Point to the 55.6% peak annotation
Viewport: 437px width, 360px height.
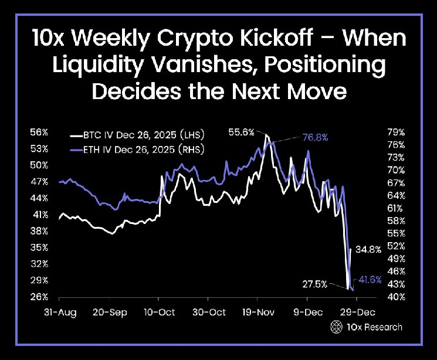click(242, 133)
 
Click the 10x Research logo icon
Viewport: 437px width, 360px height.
click(336, 327)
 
